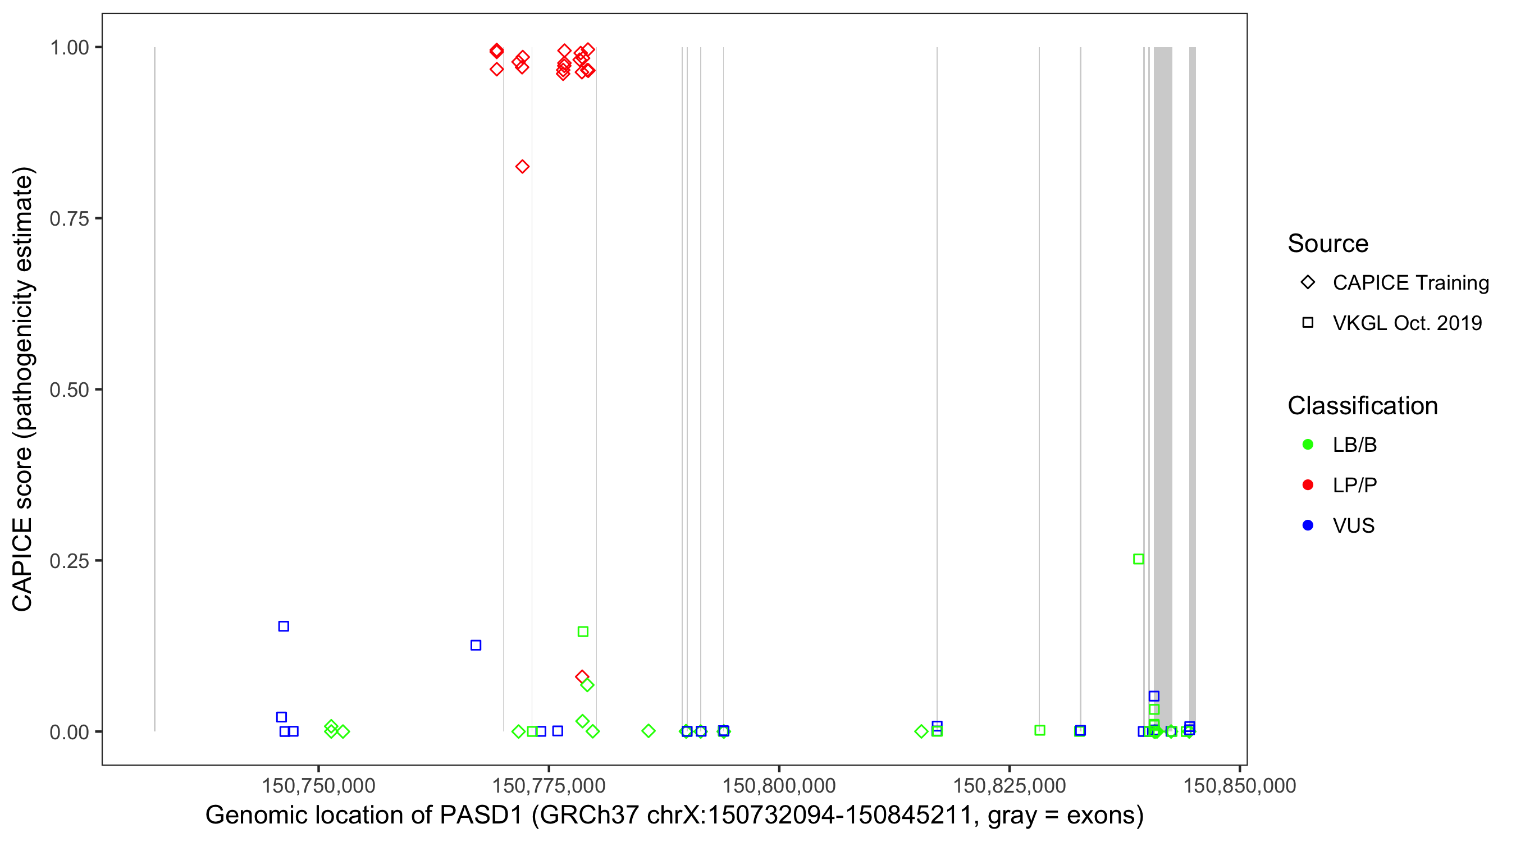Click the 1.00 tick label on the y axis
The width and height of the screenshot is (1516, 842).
coord(69,48)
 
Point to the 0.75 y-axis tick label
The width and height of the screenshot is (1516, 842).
coord(69,219)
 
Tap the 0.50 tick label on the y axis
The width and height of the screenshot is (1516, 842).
coord(69,390)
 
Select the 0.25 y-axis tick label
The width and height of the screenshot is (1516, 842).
coord(69,561)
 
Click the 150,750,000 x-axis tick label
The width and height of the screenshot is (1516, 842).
coord(318,785)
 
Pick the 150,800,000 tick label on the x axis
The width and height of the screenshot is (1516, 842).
coord(779,785)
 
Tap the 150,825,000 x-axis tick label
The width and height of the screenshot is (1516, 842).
coord(1010,785)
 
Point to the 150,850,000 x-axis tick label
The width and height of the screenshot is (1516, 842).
coord(1239,785)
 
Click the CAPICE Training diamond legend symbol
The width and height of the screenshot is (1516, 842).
coord(1308,282)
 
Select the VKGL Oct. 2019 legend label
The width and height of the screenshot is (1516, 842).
coord(1407,323)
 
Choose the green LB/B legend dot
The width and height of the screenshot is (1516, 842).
coord(1308,445)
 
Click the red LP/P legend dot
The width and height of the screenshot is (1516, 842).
coord(1308,485)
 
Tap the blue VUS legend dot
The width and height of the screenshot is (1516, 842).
coord(1308,525)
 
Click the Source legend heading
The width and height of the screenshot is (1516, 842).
coord(1328,244)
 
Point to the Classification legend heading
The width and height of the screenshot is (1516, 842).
coord(1362,406)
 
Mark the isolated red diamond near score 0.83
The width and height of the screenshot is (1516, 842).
coord(522,167)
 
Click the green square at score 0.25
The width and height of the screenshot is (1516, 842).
coord(1139,559)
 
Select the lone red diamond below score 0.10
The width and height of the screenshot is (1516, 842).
coord(582,676)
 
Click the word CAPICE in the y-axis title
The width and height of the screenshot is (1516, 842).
coord(22,564)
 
